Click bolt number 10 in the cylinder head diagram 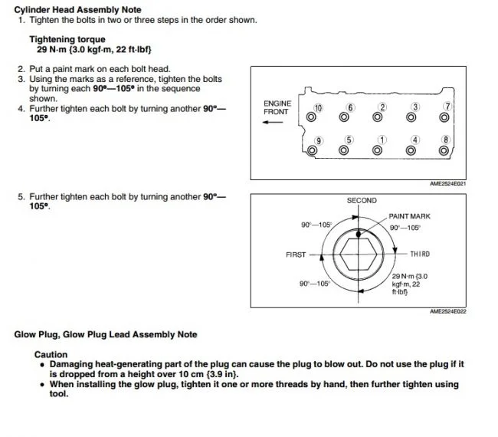point(311,117)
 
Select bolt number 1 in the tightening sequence point(377,150)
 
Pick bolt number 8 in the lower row point(444,150)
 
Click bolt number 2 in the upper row point(377,117)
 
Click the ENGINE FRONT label point(276,107)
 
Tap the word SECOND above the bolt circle point(362,201)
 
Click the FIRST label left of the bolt point(296,255)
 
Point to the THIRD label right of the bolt point(419,255)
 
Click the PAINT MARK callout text point(409,217)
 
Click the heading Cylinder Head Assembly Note point(77,8)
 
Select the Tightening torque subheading point(67,39)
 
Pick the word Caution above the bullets point(51,355)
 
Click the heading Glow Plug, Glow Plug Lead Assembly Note point(106,334)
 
